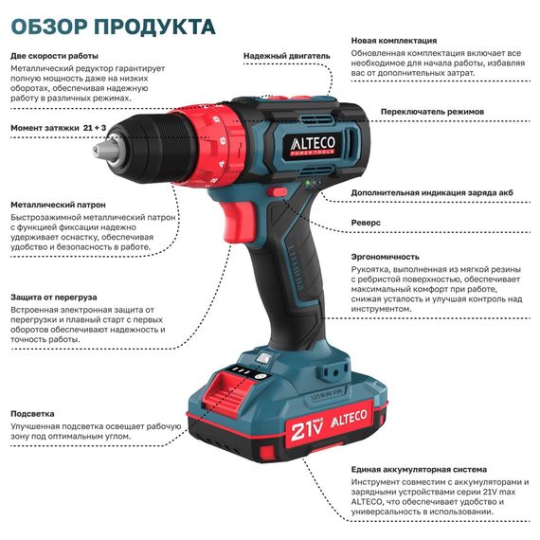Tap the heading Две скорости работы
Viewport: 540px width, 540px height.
point(54,55)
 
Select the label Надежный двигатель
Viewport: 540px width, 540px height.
point(285,56)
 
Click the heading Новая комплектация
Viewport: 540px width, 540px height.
point(393,41)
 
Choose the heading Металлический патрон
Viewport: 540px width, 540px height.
point(57,204)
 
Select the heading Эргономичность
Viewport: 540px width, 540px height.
point(385,256)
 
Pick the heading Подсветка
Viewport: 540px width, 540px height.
point(32,413)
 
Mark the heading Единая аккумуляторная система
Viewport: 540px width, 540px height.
point(419,469)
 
